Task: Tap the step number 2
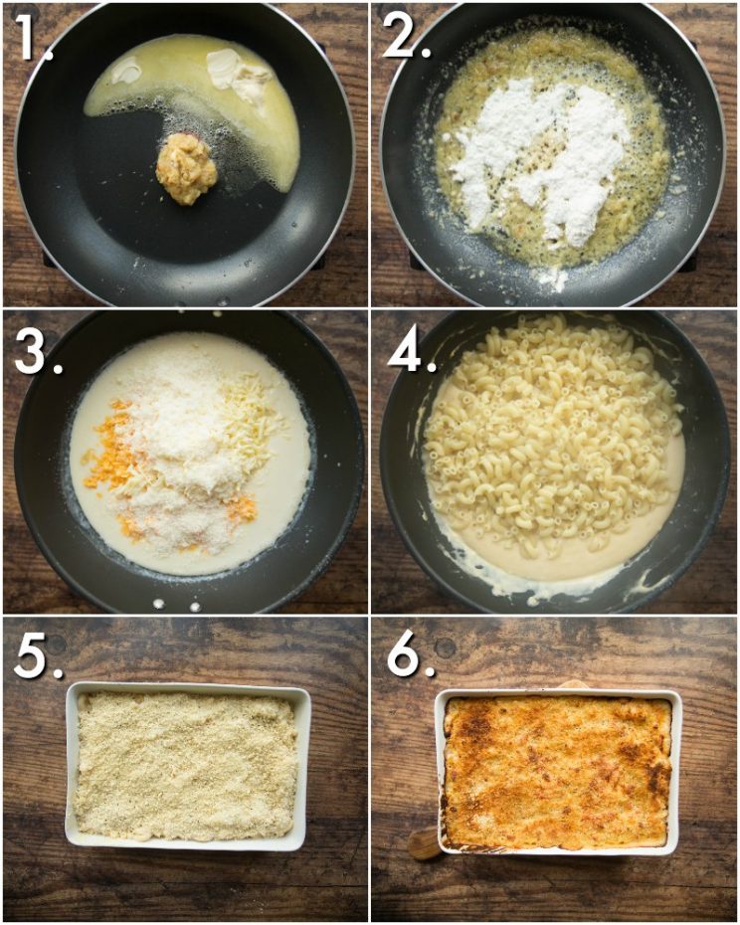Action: point(406,36)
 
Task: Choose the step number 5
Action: point(38,656)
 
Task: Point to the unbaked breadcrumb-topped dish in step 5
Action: point(188,766)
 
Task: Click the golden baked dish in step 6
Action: point(558,772)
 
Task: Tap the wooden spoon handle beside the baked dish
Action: point(425,843)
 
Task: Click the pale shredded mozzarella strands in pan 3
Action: point(248,413)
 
